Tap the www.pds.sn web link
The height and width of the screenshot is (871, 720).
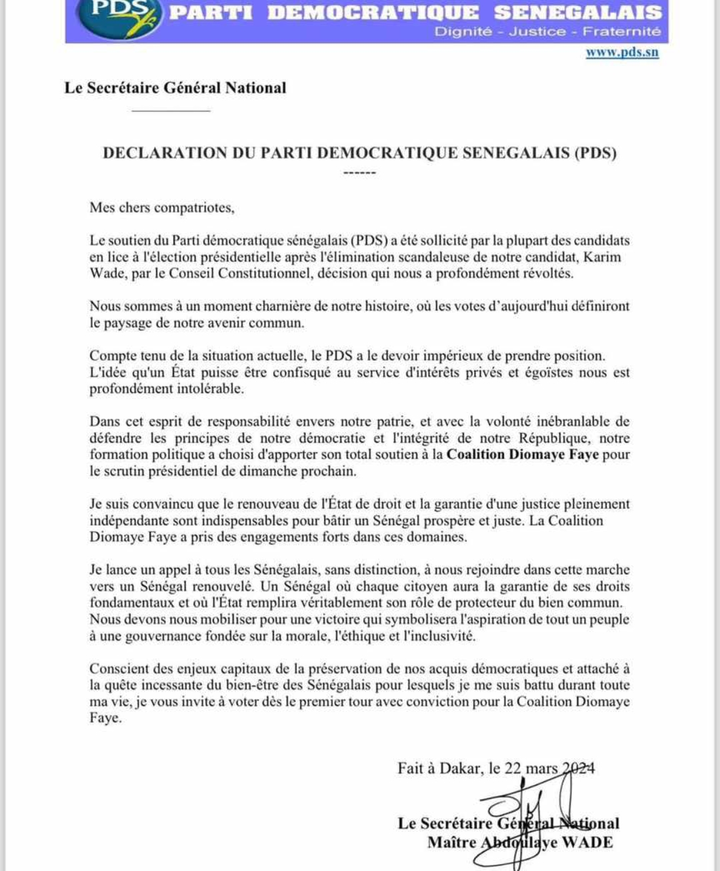click(622, 53)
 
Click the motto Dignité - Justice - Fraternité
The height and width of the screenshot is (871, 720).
click(547, 31)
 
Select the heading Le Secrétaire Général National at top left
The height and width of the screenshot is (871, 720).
click(175, 88)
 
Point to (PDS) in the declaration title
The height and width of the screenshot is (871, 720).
click(595, 153)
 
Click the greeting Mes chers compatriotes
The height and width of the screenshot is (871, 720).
click(162, 208)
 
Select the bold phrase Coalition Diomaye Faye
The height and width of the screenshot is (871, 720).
click(523, 455)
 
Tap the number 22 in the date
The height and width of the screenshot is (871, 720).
click(512, 768)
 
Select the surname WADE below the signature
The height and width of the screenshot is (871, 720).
click(587, 842)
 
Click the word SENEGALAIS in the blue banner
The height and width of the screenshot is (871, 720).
click(577, 13)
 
